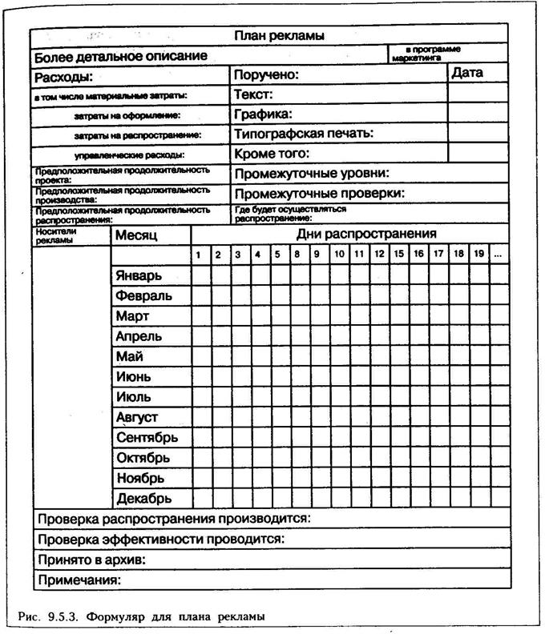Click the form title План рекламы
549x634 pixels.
pyautogui.click(x=278, y=36)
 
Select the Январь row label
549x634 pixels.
pyautogui.click(x=139, y=275)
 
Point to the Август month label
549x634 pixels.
pyautogui.click(x=137, y=417)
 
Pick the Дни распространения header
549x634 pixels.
pyautogui.click(x=366, y=234)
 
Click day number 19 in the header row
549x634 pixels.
pyautogui.click(x=478, y=255)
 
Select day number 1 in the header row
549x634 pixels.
pyautogui.click(x=199, y=255)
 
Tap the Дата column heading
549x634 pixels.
pyautogui.click(x=467, y=73)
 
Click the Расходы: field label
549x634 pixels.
pyautogui.click(x=63, y=78)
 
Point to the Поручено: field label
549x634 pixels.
pyautogui.click(x=266, y=75)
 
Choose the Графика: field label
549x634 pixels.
pyautogui.click(x=263, y=114)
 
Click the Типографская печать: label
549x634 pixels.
pyautogui.click(x=304, y=134)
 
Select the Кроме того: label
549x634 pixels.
pyautogui.click(x=272, y=153)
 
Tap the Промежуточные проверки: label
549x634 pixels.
pyautogui.click(x=319, y=193)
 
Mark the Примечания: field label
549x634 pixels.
pyautogui.click(x=79, y=579)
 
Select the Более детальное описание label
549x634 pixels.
pyautogui.click(x=120, y=56)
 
